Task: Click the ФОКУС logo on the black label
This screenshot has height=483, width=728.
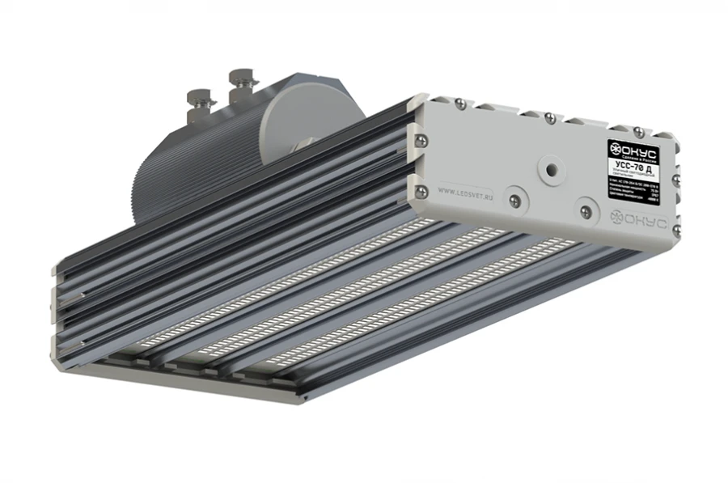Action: pyautogui.click(x=634, y=150)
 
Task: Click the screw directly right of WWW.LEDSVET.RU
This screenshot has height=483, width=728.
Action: pyautogui.click(x=511, y=197)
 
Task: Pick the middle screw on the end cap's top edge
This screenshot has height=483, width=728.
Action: pyautogui.click(x=549, y=117)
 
